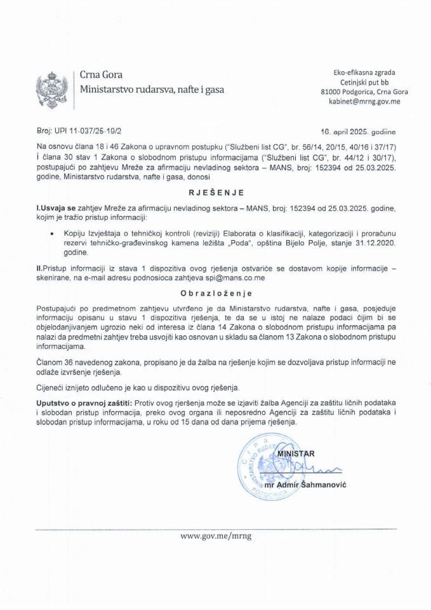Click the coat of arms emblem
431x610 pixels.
pyautogui.click(x=50, y=88)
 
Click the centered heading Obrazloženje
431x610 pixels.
pyautogui.click(x=215, y=294)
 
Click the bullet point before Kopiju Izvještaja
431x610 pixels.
pyautogui.click(x=50, y=233)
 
